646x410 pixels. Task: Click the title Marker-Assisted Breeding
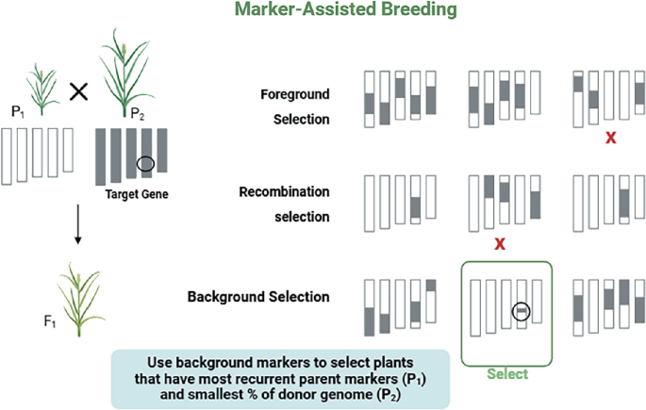357,10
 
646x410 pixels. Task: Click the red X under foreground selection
611,139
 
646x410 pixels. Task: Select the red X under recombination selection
501,244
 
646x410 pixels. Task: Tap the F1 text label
49,323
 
